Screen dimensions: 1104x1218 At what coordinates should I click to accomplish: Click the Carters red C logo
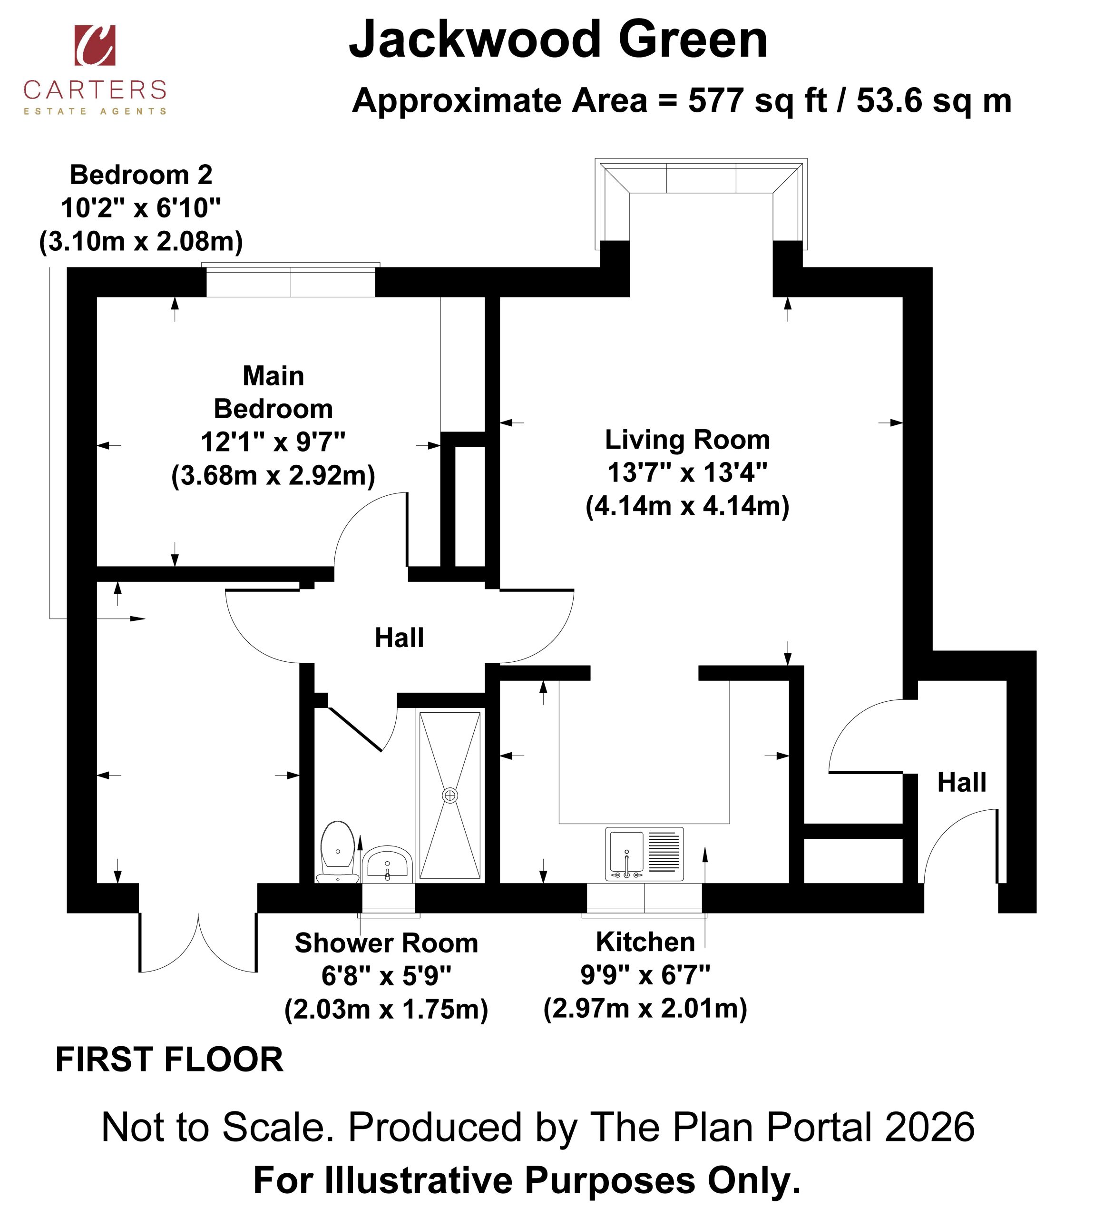pyautogui.click(x=95, y=45)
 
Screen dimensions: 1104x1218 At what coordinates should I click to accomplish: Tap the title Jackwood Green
pyautogui.click(x=558, y=40)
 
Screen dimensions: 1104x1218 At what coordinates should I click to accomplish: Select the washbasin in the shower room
pyautogui.click(x=387, y=864)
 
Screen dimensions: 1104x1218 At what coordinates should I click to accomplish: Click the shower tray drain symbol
pyautogui.click(x=450, y=796)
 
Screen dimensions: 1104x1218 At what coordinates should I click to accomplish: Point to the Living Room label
pyautogui.click(x=687, y=440)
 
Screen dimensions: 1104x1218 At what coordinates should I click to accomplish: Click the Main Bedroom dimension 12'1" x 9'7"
pyautogui.click(x=273, y=442)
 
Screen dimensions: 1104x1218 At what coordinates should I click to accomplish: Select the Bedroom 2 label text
pyautogui.click(x=141, y=175)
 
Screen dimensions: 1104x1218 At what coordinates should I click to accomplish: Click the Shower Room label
pyautogui.click(x=387, y=943)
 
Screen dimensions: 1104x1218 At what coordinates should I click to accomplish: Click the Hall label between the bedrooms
pyautogui.click(x=399, y=638)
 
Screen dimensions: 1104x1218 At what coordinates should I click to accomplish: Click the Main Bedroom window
pyautogui.click(x=291, y=280)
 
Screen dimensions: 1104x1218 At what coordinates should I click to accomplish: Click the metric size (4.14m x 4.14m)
pyautogui.click(x=687, y=506)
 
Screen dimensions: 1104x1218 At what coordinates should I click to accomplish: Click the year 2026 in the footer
pyautogui.click(x=929, y=1128)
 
